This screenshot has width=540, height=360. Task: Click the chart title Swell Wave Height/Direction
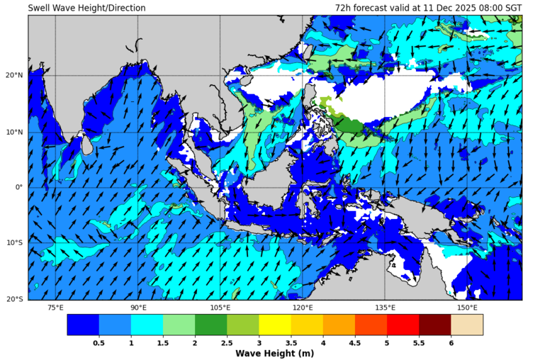[x=86, y=8]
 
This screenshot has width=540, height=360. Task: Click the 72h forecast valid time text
[x=428, y=8]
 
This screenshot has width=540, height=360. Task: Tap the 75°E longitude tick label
[x=55, y=308]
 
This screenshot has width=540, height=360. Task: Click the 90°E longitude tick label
[x=138, y=308]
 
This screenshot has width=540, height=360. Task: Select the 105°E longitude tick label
[x=220, y=308]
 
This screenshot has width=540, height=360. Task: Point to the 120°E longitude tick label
[x=303, y=308]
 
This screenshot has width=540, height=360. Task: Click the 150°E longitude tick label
[x=467, y=308]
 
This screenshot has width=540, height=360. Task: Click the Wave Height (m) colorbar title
[x=274, y=353]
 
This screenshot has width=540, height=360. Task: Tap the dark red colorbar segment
[x=434, y=325]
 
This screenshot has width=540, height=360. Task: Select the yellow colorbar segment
[x=274, y=325]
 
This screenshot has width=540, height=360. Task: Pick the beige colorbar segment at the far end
[x=466, y=325]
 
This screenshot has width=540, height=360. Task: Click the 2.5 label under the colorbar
[x=227, y=343]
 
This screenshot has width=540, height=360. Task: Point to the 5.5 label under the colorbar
[x=419, y=343]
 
